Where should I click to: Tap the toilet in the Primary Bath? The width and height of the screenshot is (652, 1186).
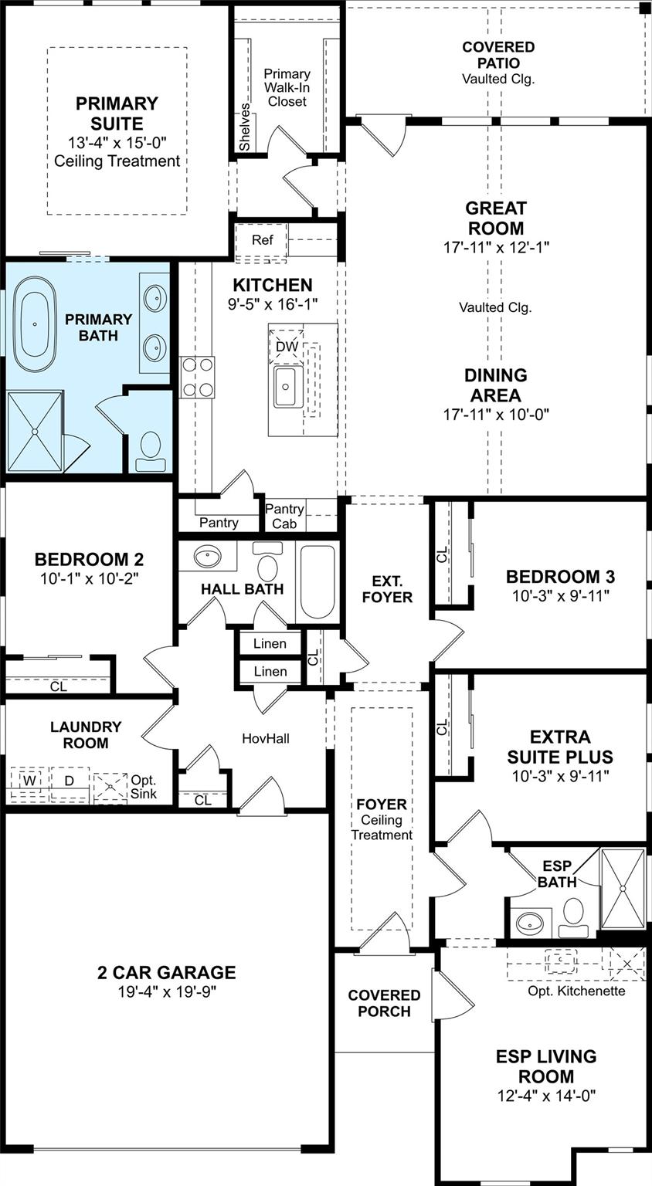point(150,452)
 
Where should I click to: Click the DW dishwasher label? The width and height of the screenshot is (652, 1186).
point(287,347)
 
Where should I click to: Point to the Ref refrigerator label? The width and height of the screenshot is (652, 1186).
point(262,240)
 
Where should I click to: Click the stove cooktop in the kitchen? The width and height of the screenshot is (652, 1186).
point(197,377)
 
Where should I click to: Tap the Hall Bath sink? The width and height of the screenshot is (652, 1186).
point(208,557)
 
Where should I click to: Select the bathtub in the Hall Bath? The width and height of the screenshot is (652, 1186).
point(318,581)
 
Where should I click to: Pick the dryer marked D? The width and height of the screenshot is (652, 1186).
point(70,781)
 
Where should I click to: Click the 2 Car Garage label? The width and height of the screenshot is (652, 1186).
point(166,973)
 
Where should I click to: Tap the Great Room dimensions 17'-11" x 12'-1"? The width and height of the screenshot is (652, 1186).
point(496,247)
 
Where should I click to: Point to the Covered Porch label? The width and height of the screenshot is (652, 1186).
point(384,1003)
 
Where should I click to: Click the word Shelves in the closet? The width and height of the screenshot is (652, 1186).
point(245,127)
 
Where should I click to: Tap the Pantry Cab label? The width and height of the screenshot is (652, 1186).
point(284,517)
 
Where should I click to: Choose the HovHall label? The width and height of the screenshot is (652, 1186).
point(265,738)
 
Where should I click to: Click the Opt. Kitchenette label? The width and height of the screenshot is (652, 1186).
point(576,991)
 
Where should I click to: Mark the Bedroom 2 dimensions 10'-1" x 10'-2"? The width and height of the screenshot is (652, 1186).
point(89,578)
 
